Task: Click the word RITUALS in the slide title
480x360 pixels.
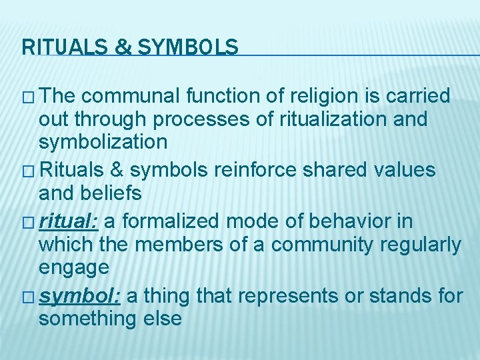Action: pyautogui.click(x=59, y=47)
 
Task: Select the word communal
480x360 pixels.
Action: pyautogui.click(x=131, y=96)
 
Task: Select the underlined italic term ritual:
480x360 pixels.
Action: pyautogui.click(x=69, y=220)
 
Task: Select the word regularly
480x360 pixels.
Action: pyautogui.click(x=420, y=245)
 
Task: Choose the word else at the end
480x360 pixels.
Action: pyautogui.click(x=161, y=319)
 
